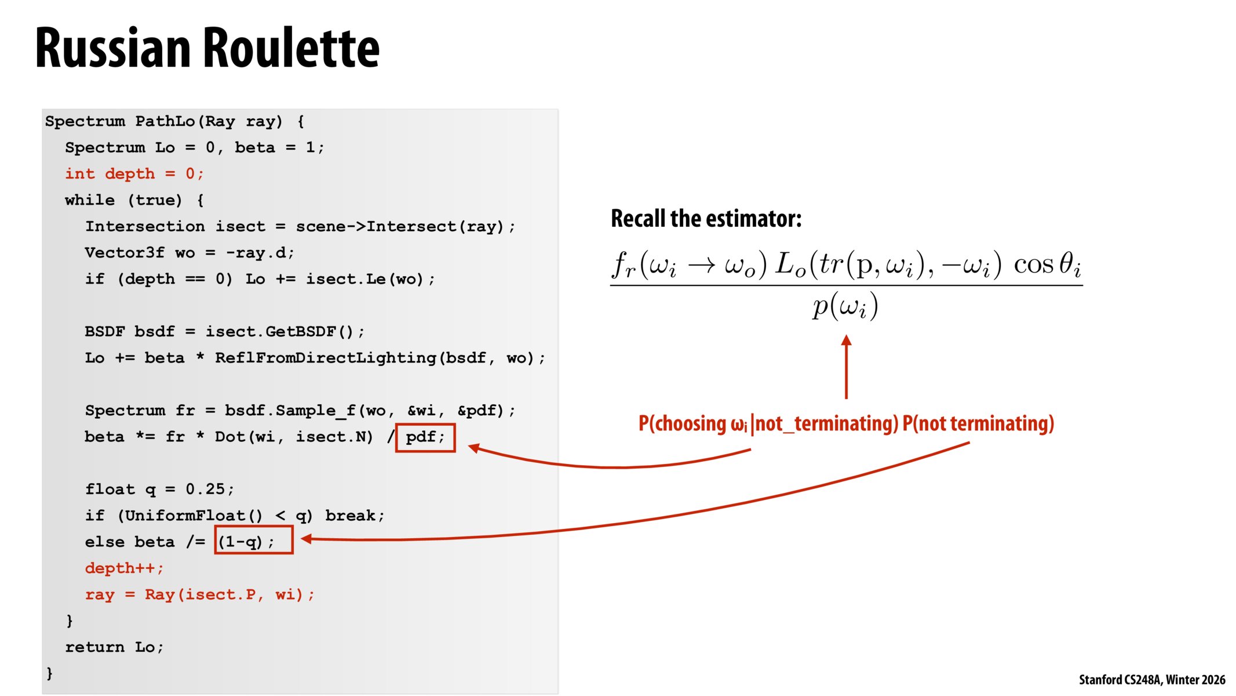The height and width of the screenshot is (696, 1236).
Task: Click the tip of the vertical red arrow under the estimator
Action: (846, 335)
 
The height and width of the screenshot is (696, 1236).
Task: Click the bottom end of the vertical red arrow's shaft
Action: (846, 399)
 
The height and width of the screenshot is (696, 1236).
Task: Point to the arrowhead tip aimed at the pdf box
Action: (468, 446)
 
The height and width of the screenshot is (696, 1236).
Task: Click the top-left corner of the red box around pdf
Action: (396, 424)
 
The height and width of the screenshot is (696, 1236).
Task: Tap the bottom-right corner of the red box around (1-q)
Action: (293, 554)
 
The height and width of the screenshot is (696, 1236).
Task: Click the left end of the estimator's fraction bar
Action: (610, 285)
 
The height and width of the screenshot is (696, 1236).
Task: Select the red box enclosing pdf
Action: (425, 438)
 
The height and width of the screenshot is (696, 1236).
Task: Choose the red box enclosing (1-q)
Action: (254, 539)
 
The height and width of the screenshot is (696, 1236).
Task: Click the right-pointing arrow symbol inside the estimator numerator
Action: (702, 265)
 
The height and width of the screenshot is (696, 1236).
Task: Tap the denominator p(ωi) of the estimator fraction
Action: (845, 306)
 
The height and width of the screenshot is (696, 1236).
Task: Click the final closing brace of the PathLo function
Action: (50, 673)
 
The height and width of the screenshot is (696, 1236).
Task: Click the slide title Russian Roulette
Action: (207, 48)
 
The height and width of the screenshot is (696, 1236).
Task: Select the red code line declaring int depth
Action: (134, 173)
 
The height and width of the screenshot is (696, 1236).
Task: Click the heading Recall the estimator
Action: (706, 218)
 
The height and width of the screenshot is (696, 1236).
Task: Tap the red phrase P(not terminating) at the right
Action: (978, 423)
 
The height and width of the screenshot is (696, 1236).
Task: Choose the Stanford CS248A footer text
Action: (1152, 679)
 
